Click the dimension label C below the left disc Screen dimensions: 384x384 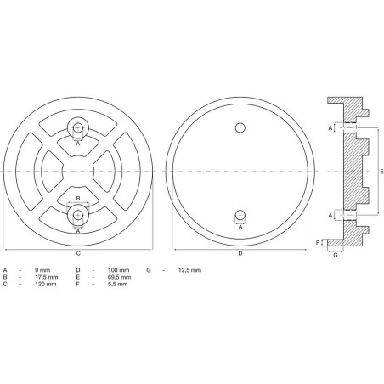click(78, 253)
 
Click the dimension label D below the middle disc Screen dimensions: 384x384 click(240, 253)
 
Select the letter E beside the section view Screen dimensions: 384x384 click(381, 172)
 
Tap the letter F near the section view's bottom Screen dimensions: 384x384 click(318, 243)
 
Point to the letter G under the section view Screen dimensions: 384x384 click(336, 255)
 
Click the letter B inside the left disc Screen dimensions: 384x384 click(78, 198)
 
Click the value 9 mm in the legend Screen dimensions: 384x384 click(42, 270)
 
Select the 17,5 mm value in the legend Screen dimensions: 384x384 click(47, 277)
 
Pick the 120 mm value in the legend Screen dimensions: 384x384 click(46, 284)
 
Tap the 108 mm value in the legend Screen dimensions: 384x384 click(119, 270)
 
